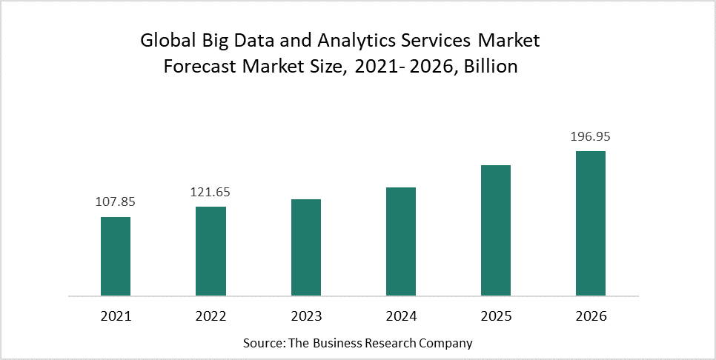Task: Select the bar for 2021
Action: tap(116, 256)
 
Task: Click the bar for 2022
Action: tap(211, 251)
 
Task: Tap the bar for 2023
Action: tap(306, 247)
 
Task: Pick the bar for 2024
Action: tap(401, 241)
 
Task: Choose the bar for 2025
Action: tap(496, 230)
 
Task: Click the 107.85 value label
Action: tap(116, 201)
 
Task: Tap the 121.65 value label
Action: tap(211, 191)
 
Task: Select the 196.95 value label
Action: tap(591, 136)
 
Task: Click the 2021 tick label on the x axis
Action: tap(116, 316)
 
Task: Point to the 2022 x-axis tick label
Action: tap(211, 316)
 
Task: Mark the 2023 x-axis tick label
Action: tap(306, 316)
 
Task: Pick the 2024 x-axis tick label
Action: tap(401, 316)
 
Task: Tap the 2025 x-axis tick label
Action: tap(496, 316)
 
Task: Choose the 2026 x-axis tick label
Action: tap(591, 316)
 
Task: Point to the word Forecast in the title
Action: tap(198, 67)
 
